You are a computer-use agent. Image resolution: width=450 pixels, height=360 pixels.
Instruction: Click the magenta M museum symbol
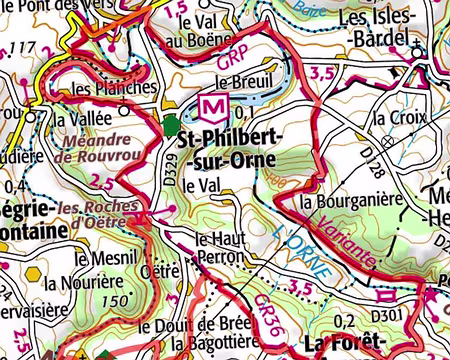pos(212,105)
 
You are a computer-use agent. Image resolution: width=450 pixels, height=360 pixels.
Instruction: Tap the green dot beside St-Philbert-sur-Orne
pos(171,125)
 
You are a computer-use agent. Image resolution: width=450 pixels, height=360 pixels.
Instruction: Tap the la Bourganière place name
pos(351,199)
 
